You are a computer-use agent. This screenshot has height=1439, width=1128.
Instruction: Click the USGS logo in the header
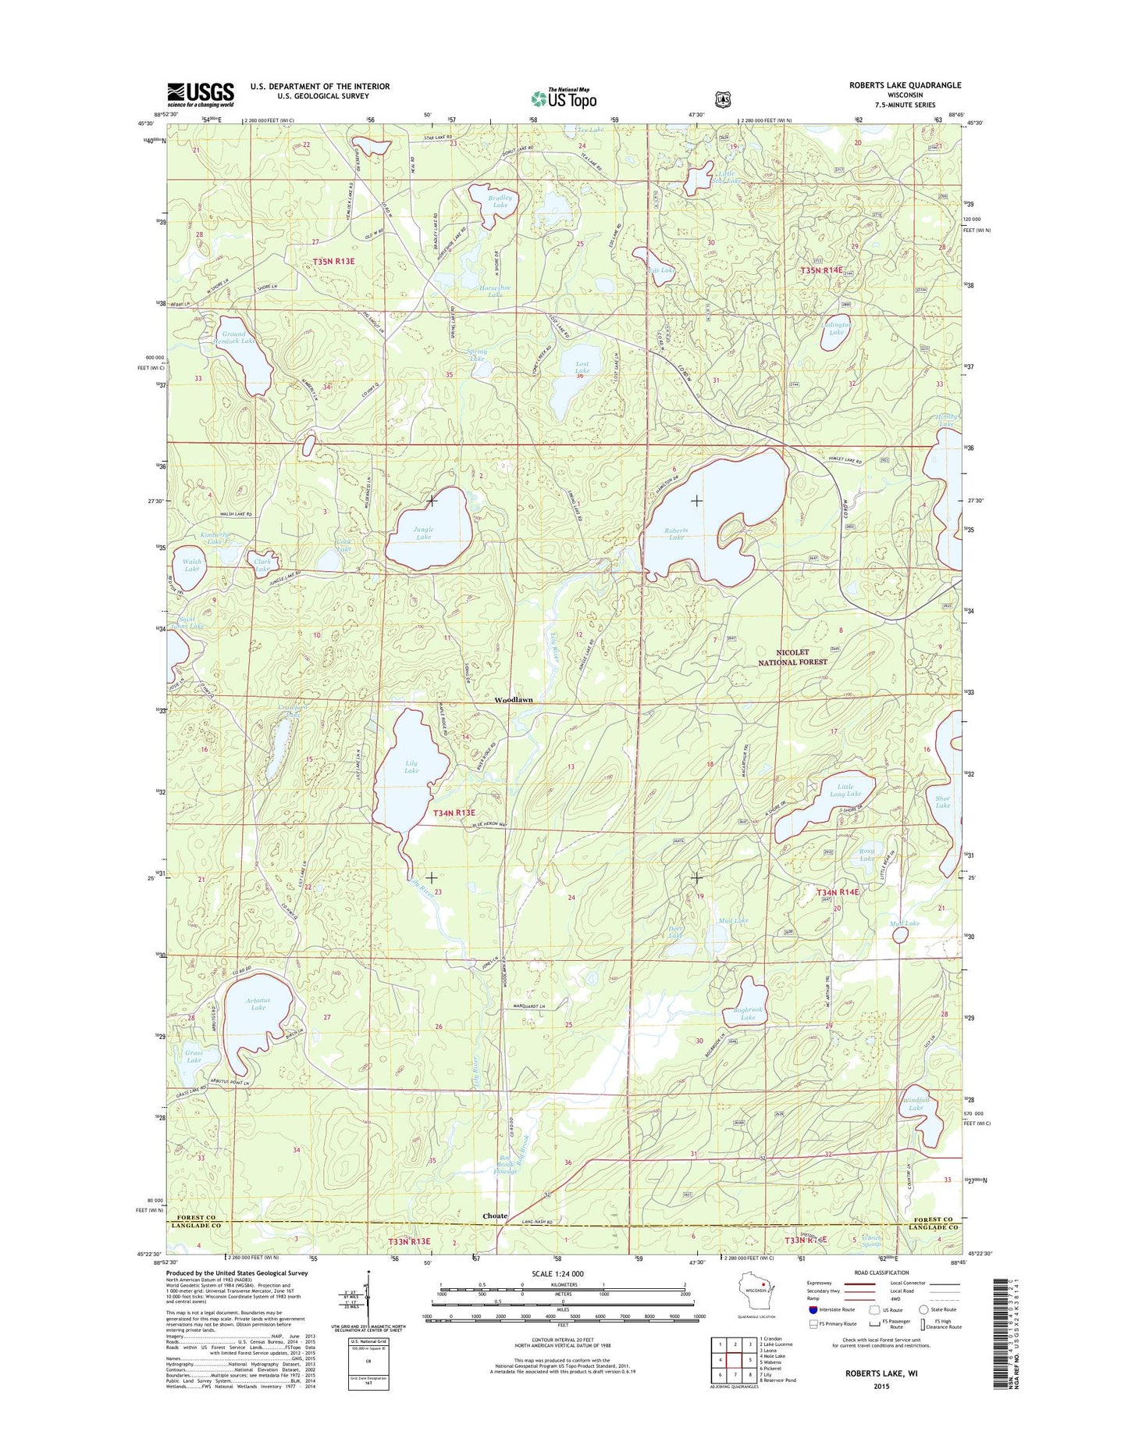[x=201, y=95]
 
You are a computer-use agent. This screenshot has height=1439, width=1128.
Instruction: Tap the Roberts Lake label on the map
[x=676, y=534]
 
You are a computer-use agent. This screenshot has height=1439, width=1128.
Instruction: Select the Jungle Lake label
[x=424, y=533]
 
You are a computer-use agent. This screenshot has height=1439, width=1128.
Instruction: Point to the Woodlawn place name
[x=514, y=700]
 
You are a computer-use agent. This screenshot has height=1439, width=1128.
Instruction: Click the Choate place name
[x=495, y=1216]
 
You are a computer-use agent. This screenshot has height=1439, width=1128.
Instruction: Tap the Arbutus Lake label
[x=258, y=1004]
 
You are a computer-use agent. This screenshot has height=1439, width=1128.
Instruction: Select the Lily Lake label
[x=411, y=766]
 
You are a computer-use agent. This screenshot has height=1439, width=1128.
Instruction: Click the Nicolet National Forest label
[x=793, y=657]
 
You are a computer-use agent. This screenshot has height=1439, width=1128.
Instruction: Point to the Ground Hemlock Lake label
[x=233, y=337]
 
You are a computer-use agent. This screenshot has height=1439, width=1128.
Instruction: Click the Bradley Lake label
[x=500, y=202]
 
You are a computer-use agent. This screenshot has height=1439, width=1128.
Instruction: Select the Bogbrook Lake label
[x=748, y=1014]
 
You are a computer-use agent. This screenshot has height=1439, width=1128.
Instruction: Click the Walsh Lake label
[x=192, y=565]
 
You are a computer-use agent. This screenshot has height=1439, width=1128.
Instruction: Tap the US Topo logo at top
[x=564, y=98]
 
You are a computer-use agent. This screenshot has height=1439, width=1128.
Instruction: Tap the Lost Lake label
[x=582, y=368]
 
